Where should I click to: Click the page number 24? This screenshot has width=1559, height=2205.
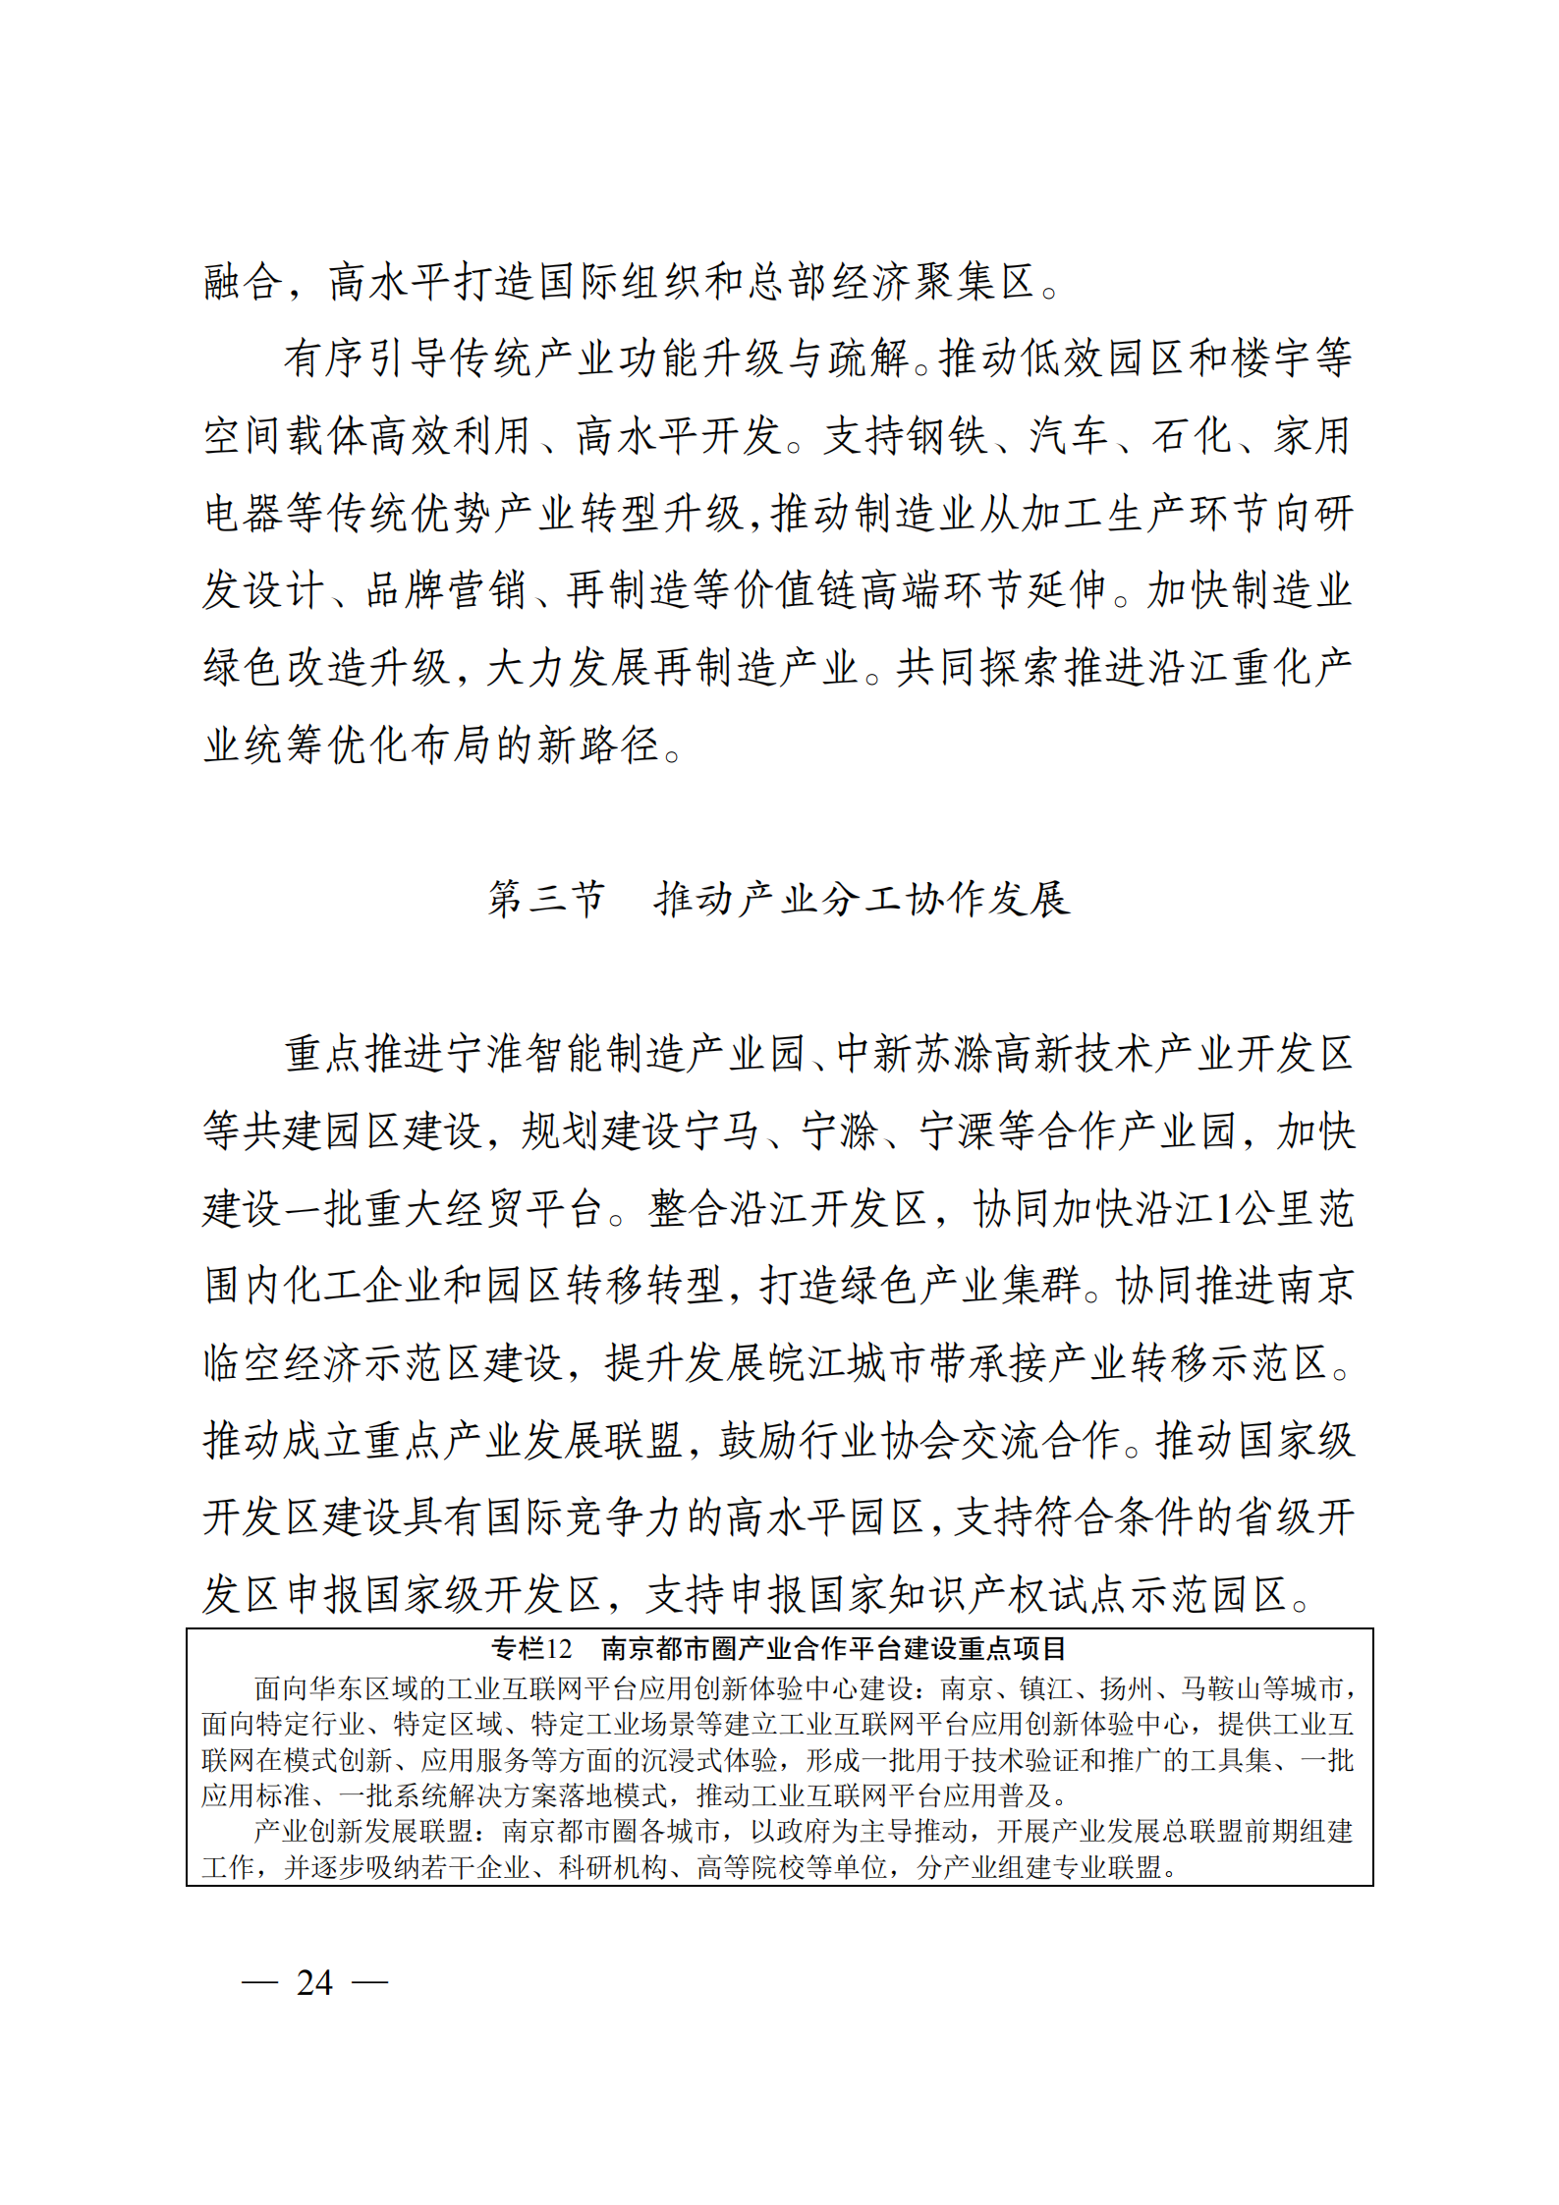click(314, 1982)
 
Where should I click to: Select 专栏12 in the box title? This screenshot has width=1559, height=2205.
click(531, 1648)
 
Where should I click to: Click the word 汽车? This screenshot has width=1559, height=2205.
click(1069, 436)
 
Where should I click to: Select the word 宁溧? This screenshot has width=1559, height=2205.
click(959, 1131)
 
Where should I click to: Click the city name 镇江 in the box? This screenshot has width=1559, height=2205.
click(1045, 1688)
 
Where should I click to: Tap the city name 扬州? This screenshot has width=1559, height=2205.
click(1126, 1688)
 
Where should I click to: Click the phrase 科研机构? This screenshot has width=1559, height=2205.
click(613, 1867)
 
